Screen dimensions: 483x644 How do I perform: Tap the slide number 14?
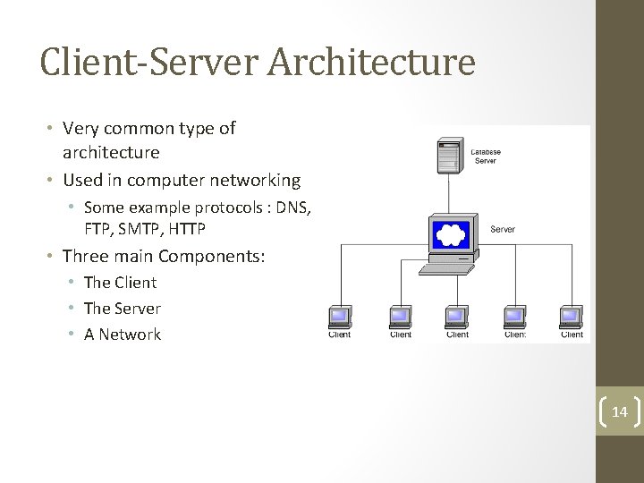click(x=619, y=412)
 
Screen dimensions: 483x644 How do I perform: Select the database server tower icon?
click(x=449, y=157)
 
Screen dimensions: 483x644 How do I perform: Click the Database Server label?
click(x=486, y=157)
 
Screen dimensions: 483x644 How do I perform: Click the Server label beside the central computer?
click(x=503, y=230)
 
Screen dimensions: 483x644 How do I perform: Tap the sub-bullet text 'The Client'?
click(x=120, y=283)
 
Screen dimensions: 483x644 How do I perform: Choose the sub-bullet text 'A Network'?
click(x=122, y=335)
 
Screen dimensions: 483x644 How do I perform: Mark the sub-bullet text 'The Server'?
click(x=122, y=309)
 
